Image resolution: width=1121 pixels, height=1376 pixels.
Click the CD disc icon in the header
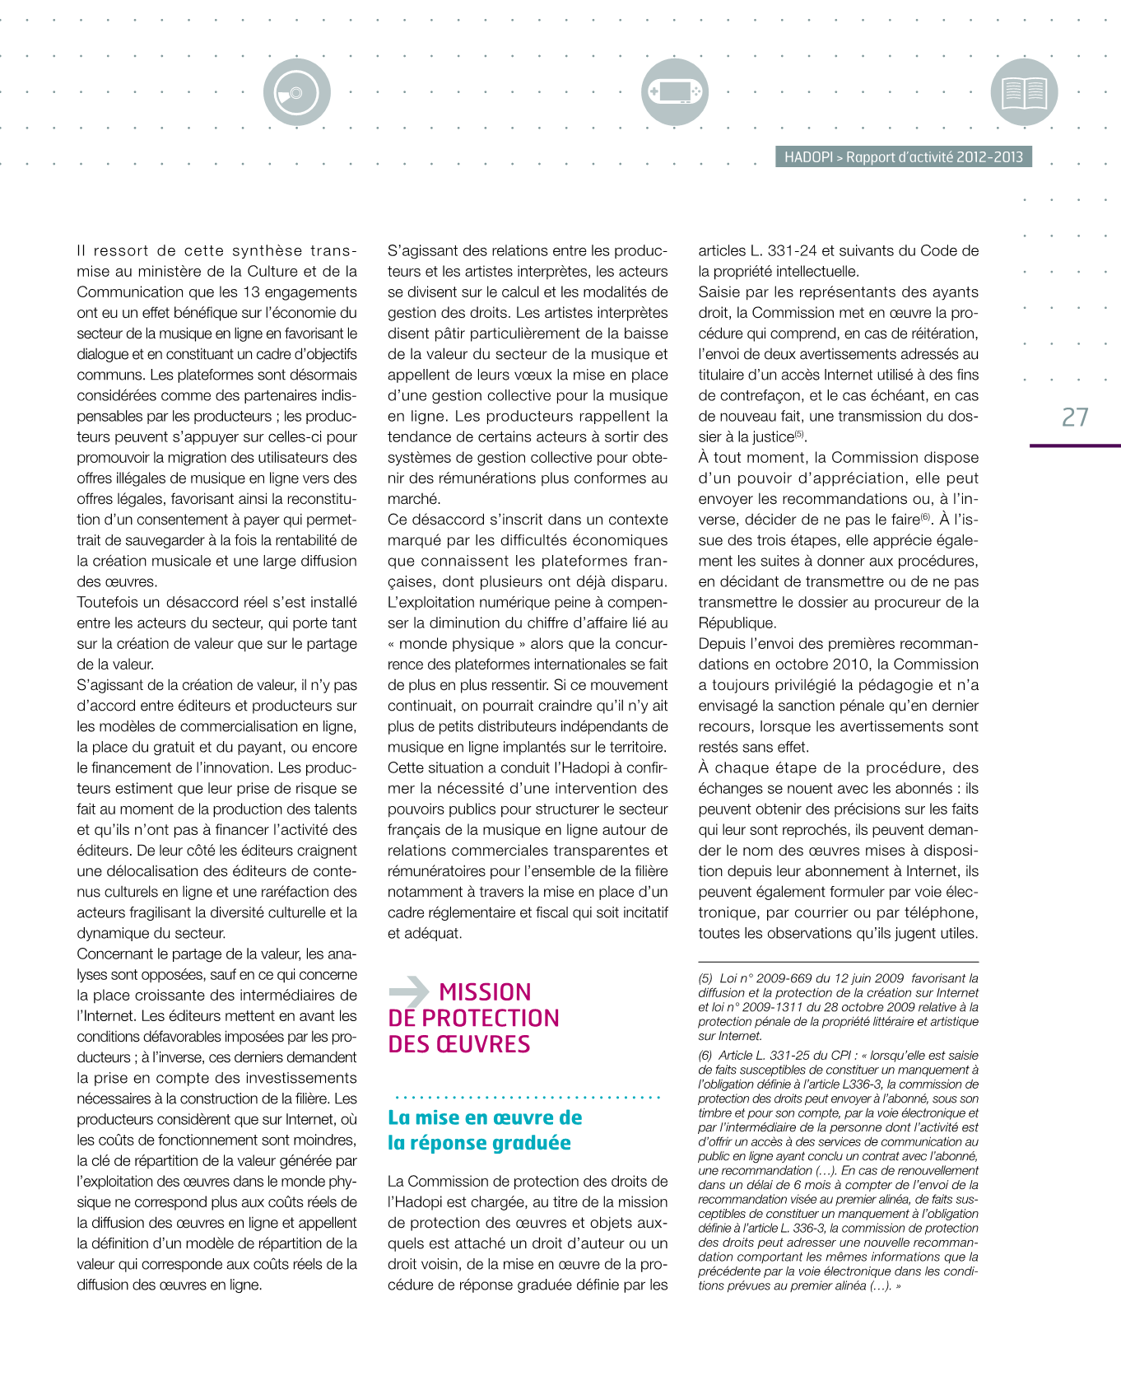click(x=296, y=92)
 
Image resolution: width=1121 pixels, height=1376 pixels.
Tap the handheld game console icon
click(x=674, y=91)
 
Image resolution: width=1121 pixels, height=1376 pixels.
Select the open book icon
click(x=1024, y=91)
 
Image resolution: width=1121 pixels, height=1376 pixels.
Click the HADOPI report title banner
click(x=903, y=156)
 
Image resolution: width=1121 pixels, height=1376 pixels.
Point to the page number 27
click(x=1075, y=417)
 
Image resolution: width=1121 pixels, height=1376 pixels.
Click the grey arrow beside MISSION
click(x=409, y=991)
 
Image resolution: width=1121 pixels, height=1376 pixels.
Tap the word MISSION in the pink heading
click(x=485, y=992)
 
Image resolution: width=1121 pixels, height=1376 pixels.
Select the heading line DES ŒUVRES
click(x=459, y=1044)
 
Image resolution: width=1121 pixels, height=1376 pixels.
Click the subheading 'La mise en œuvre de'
click(x=485, y=1117)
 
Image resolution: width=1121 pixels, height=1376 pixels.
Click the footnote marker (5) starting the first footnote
click(x=705, y=978)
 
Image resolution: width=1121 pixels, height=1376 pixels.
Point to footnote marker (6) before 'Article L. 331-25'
click(x=705, y=1055)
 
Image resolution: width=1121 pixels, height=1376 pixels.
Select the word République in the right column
click(x=737, y=623)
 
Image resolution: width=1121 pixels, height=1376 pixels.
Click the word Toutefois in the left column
click(x=109, y=603)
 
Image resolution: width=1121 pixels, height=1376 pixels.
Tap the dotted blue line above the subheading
click(x=527, y=1097)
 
